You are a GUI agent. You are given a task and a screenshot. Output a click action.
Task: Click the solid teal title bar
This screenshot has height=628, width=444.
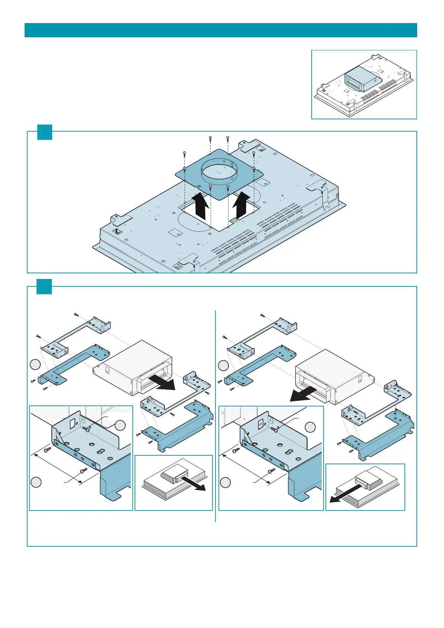pyautogui.click(x=221, y=30)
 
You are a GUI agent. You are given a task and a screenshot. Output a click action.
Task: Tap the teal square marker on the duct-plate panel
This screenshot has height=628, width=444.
pyautogui.click(x=45, y=132)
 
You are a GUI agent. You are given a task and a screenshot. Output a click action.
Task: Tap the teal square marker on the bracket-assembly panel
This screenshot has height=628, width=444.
pyautogui.click(x=44, y=286)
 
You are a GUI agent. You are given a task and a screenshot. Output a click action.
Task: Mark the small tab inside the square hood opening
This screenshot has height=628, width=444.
pyautogui.click(x=235, y=220)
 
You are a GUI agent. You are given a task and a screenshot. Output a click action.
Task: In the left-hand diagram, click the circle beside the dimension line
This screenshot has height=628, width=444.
pyautogui.click(x=36, y=482)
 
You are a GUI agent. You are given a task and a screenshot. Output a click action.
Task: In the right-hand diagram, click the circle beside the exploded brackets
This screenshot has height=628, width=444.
pyautogui.click(x=223, y=365)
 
